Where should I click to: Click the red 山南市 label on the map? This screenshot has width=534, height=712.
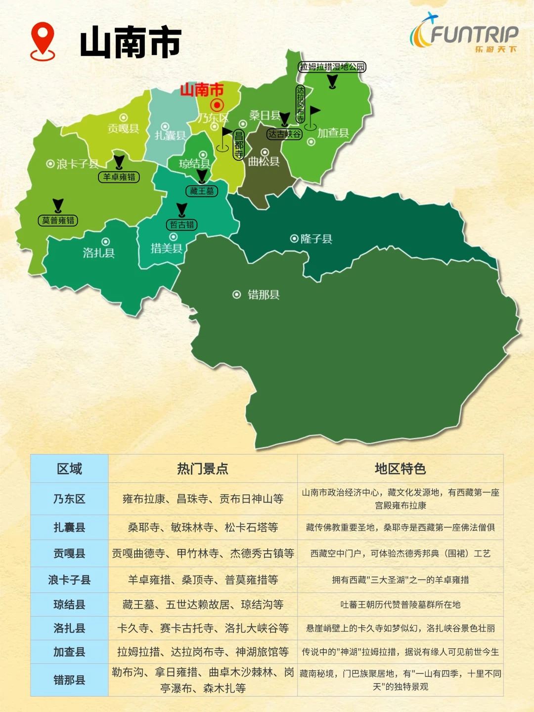(202, 90)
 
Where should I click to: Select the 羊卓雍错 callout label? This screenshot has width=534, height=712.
(119, 177)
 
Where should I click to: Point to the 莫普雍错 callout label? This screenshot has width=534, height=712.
(58, 221)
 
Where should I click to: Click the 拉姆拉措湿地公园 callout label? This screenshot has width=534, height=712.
(332, 67)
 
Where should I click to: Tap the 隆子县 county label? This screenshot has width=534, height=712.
(316, 239)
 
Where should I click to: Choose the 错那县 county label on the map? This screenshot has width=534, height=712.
(263, 295)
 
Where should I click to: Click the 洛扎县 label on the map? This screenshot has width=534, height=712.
(99, 253)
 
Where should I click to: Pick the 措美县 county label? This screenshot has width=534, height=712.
(167, 248)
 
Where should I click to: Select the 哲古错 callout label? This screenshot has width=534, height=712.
(182, 225)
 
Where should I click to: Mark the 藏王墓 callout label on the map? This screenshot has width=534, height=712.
(202, 191)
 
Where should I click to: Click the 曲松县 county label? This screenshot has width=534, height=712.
(264, 161)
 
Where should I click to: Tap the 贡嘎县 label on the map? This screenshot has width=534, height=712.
(124, 129)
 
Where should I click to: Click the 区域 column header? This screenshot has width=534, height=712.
(69, 469)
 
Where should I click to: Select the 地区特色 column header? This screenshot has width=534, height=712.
(400, 469)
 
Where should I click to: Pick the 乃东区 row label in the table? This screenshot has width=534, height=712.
(69, 499)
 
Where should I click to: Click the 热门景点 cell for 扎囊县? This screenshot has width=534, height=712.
(203, 528)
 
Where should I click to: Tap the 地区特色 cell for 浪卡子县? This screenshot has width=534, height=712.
(400, 580)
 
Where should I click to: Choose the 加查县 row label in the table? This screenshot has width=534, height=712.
(69, 652)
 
